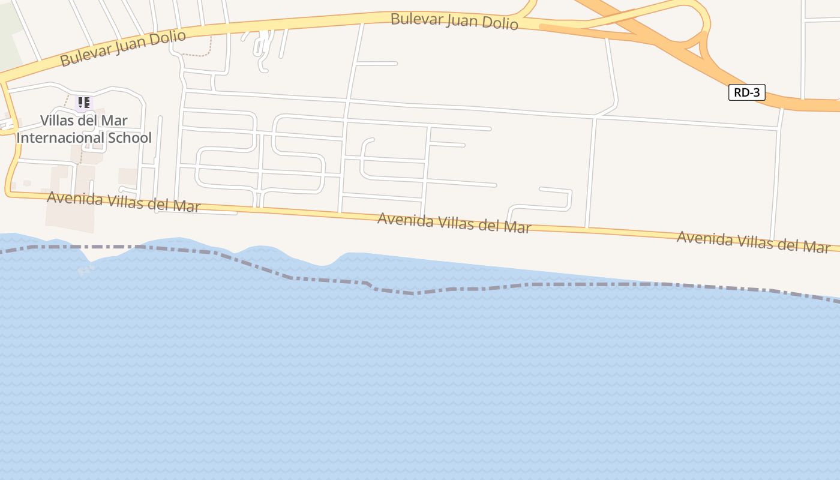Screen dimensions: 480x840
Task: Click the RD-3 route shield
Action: point(747,92)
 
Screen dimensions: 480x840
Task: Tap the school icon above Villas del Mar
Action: point(83,103)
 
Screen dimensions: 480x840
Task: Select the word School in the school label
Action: point(130,138)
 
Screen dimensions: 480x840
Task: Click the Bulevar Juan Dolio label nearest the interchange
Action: point(454,21)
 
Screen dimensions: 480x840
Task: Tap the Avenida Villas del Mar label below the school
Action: point(123,201)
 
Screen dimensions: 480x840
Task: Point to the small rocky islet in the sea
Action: point(85,271)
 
